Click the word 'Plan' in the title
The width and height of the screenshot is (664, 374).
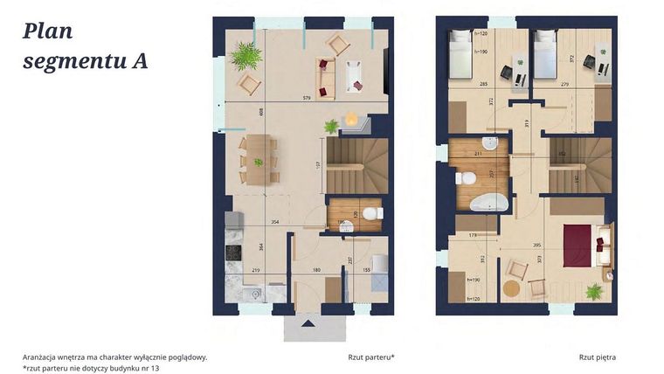[x=48, y=32]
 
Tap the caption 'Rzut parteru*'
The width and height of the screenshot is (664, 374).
[x=370, y=357]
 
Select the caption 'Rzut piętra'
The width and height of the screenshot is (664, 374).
[x=598, y=357]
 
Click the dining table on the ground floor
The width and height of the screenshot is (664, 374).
[x=258, y=158]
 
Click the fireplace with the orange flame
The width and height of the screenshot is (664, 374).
[x=351, y=121]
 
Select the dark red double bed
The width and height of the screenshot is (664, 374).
[x=578, y=246]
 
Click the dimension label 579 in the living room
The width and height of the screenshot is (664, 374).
[x=307, y=97]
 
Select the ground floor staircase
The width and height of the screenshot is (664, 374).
[x=357, y=166]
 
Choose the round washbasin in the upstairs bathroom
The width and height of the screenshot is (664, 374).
[x=490, y=143]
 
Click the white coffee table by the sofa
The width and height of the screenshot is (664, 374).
[x=354, y=75]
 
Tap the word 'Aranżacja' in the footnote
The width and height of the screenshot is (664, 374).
[x=44, y=357]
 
